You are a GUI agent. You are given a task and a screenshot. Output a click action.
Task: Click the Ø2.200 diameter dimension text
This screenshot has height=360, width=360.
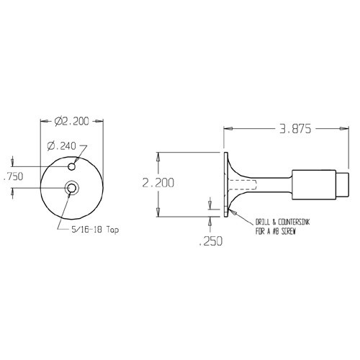tap(72, 122)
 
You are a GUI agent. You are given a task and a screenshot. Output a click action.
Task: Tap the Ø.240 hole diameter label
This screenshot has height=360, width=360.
tap(62, 146)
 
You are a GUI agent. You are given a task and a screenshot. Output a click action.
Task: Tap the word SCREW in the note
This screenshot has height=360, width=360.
tap(287, 230)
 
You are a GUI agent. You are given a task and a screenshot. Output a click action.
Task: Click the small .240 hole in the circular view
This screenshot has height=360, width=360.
tap(72, 166)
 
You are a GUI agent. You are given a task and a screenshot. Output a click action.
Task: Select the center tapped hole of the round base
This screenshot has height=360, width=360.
tap(72, 188)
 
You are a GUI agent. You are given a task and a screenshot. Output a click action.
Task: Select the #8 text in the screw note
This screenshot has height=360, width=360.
tap(270, 230)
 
